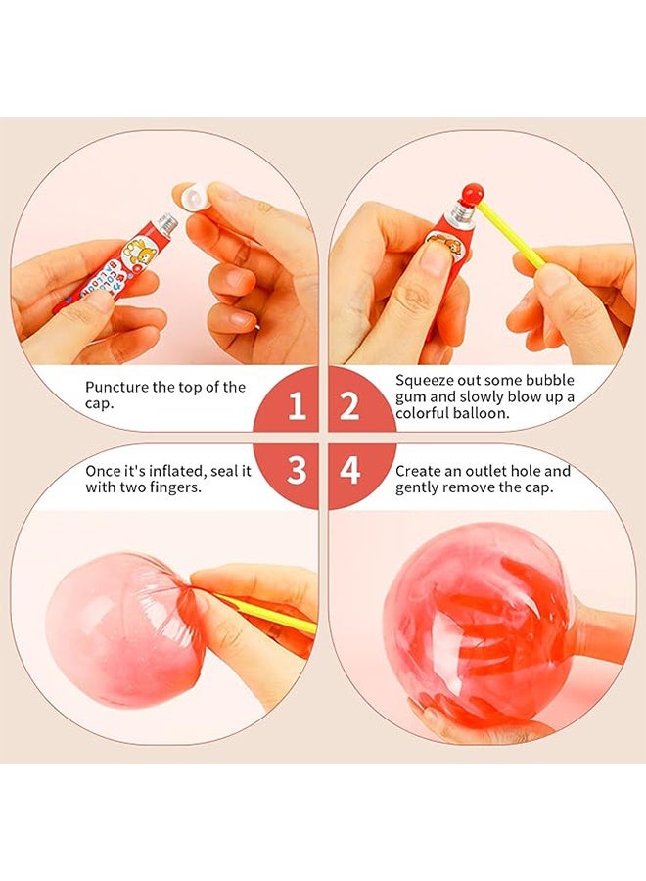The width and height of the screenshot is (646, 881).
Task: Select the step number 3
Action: pyautogui.click(x=296, y=471)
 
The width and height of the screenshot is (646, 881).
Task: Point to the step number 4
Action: pyautogui.click(x=349, y=471)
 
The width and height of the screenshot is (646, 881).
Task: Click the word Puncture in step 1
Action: pyautogui.click(x=117, y=387)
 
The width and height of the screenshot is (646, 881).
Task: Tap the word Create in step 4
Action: pyautogui.click(x=419, y=471)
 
